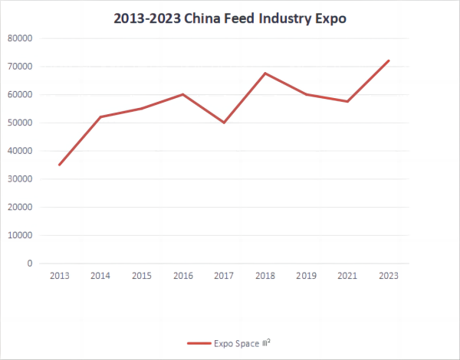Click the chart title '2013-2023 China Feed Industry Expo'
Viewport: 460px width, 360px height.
230,18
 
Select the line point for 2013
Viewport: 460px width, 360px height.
59,165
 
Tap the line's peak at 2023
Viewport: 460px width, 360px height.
389,61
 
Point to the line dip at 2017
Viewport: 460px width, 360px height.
224,123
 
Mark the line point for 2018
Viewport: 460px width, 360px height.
265,74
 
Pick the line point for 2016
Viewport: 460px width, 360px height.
182,94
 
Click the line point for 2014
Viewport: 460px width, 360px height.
100,116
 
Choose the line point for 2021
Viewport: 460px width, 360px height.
347,101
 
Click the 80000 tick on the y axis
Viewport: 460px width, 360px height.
40,38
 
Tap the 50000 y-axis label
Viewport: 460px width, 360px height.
40,123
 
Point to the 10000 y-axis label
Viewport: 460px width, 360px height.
40,235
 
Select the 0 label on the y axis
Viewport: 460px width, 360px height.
51,263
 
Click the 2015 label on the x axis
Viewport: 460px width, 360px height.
141,275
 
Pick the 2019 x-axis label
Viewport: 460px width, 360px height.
306,275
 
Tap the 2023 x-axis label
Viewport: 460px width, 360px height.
389,275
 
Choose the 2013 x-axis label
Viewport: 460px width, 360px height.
59,275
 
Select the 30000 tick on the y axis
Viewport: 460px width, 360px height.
40,179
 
